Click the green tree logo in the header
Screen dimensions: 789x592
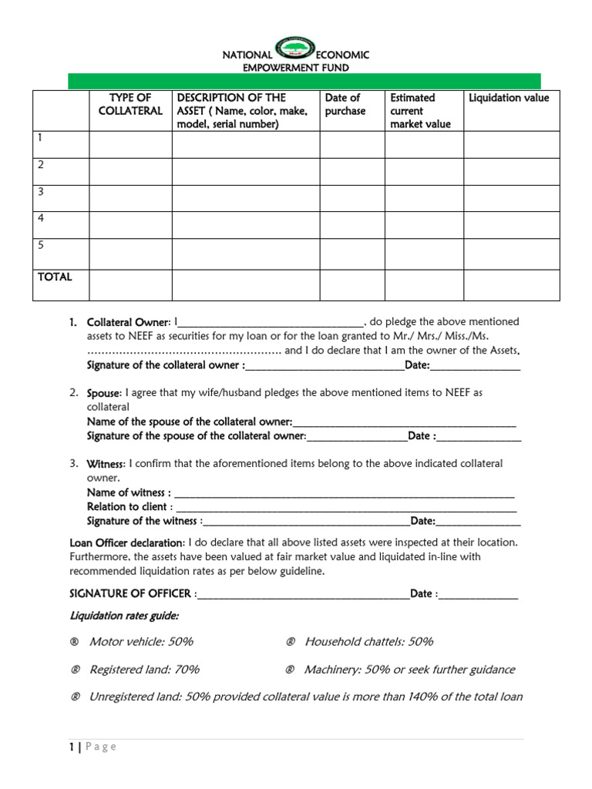(296, 50)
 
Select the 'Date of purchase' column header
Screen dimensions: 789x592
(343, 104)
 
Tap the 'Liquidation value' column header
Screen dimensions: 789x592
(509, 98)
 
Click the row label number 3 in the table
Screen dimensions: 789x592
(42, 192)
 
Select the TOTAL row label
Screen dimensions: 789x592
(55, 277)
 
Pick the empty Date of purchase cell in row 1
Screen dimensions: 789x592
(351, 144)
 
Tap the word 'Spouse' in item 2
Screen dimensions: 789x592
(103, 393)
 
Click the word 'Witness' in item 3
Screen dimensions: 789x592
(105, 464)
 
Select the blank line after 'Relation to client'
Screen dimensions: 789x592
(345, 508)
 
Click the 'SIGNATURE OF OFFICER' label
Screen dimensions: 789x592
(131, 594)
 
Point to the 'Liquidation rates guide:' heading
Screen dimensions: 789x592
(124, 616)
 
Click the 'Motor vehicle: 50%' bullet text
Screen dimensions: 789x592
(141, 642)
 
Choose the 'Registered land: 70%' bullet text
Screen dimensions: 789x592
(144, 670)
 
